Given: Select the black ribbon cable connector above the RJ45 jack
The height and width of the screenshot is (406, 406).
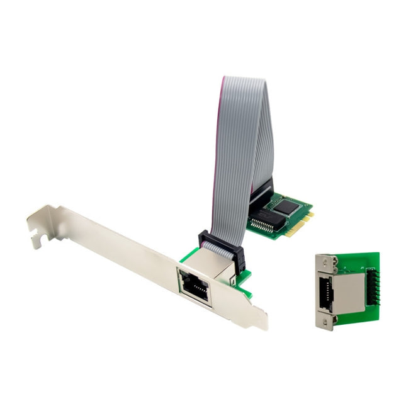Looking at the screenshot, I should [x=221, y=246].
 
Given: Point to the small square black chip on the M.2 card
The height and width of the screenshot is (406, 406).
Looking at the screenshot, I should [x=286, y=206].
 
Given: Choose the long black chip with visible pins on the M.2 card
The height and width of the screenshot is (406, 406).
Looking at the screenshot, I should [x=268, y=218].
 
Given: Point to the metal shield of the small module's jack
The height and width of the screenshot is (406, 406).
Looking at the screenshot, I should [x=348, y=292].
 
